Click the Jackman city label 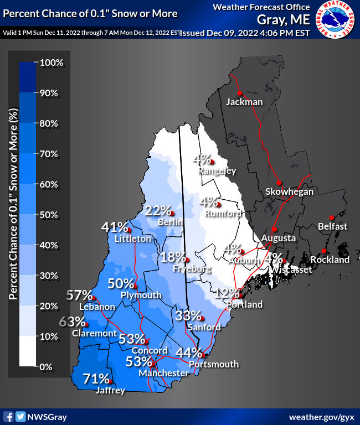244,102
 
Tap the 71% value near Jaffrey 96,379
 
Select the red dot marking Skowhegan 280,183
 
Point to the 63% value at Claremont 72,322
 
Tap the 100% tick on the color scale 53,63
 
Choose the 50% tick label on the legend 53,215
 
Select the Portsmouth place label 213,364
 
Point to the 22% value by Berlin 157,210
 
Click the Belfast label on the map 333,226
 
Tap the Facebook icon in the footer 9,416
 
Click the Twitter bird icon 20,416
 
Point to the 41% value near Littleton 115,227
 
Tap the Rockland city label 330,260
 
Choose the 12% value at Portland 227,293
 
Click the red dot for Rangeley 212,161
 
